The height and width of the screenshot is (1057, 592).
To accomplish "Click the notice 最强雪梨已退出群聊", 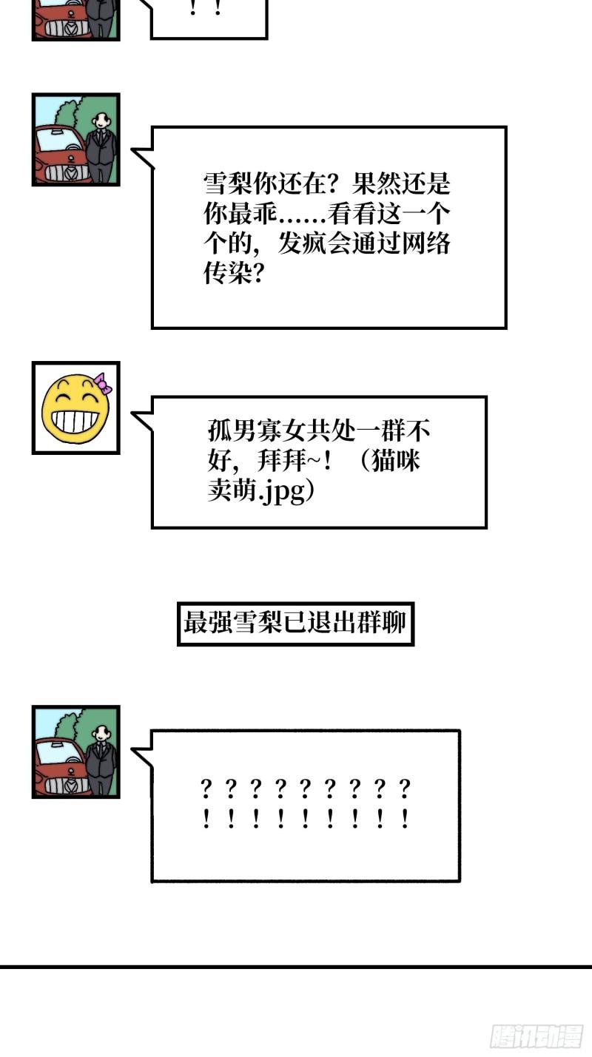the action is click(x=295, y=623).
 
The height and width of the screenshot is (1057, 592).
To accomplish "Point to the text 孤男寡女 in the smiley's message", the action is click(x=257, y=430).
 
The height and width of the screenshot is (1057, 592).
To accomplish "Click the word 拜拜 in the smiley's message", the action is click(x=282, y=461).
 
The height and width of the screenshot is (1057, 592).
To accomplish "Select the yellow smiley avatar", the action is click(x=75, y=408).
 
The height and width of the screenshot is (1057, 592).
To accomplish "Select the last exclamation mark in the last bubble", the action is click(x=405, y=819).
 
